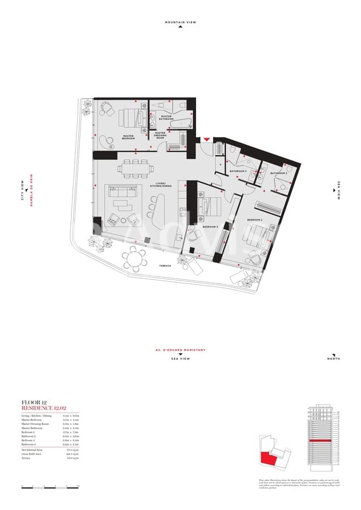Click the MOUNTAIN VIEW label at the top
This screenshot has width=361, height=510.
(180, 22)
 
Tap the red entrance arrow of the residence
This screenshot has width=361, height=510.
(207, 139)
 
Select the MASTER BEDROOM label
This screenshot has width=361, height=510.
(128, 137)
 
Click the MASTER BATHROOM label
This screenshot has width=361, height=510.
(166, 117)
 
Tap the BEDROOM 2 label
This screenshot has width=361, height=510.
(254, 219)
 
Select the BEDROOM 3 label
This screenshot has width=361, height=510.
(210, 227)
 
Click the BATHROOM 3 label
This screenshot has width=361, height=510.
(237, 171)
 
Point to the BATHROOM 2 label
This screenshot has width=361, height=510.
(278, 173)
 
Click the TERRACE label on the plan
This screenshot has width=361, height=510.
(164, 265)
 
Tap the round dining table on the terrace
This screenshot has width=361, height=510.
(134, 259)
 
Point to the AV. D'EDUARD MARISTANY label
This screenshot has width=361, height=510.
(180, 350)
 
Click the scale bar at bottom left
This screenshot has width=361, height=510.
(50, 486)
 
